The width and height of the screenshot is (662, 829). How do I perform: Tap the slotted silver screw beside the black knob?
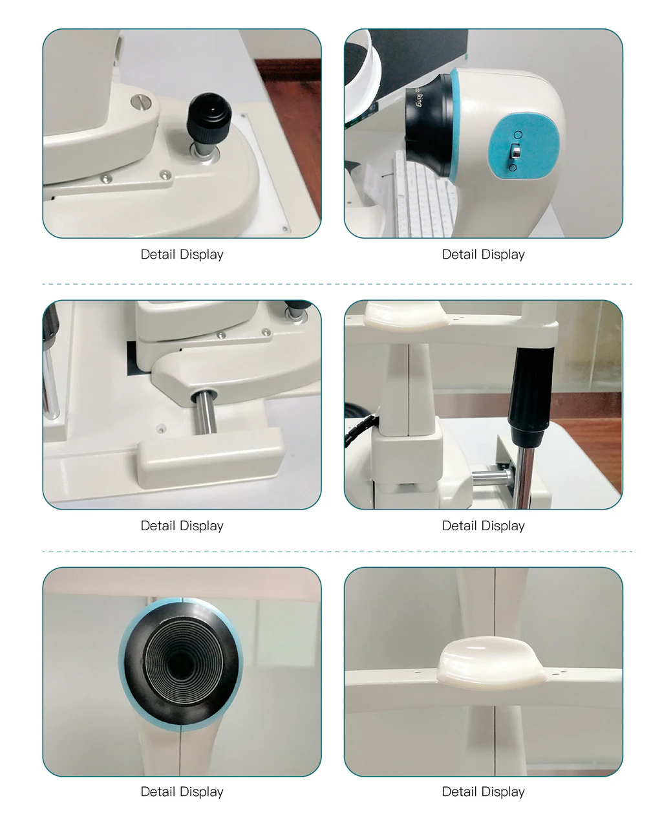(140, 102)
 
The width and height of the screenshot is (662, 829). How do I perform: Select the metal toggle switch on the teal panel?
(515, 151)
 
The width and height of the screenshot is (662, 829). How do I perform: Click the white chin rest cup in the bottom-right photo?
(493, 662)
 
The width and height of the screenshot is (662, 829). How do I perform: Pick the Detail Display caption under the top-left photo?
(182, 255)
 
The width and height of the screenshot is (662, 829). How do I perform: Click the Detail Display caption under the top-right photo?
(483, 255)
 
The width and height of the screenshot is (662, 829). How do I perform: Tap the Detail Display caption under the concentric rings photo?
(182, 791)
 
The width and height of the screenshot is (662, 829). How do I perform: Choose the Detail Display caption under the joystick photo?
(483, 526)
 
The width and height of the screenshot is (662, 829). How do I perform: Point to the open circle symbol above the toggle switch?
(518, 135)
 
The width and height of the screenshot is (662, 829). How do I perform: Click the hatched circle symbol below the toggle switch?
(512, 167)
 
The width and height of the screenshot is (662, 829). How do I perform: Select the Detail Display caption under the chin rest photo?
(483, 791)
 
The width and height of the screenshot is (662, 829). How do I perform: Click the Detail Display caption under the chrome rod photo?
(182, 526)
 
